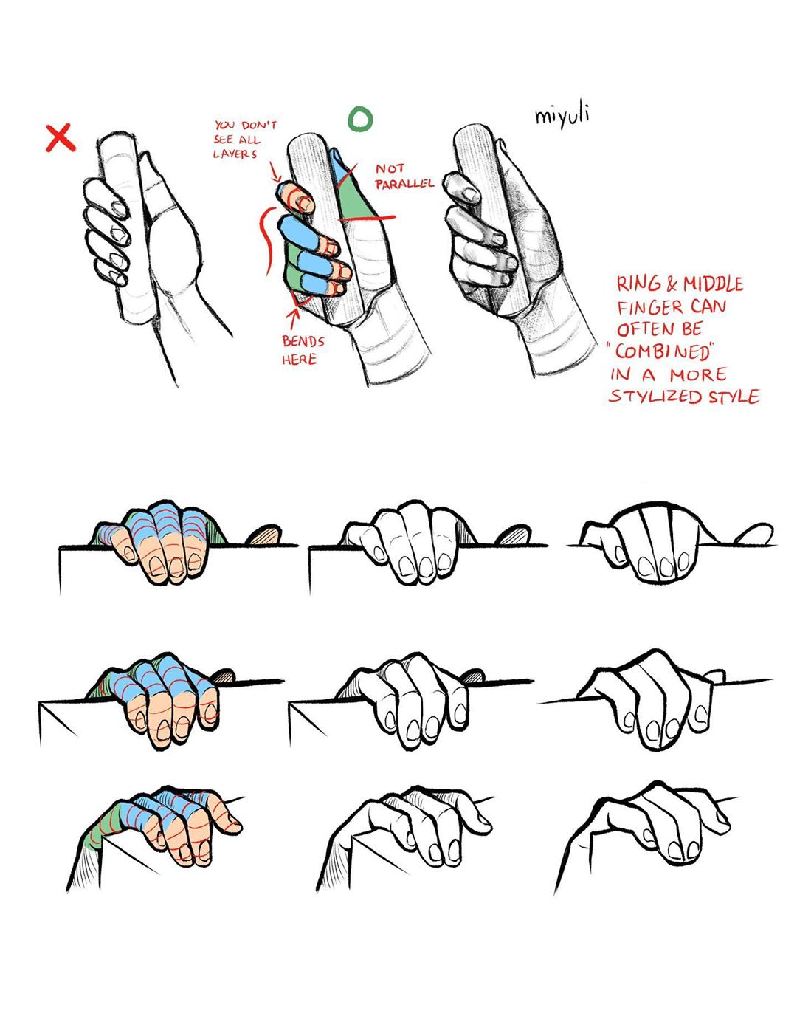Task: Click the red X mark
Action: click(x=61, y=137)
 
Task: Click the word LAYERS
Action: click(x=235, y=154)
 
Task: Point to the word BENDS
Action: click(x=303, y=341)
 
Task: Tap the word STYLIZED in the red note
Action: click(x=656, y=397)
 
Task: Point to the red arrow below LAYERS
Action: click(x=275, y=171)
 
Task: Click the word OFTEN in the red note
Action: click(x=646, y=329)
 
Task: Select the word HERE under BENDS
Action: click(x=299, y=360)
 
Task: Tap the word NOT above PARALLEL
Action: click(x=389, y=168)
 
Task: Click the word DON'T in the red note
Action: click(x=258, y=126)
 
